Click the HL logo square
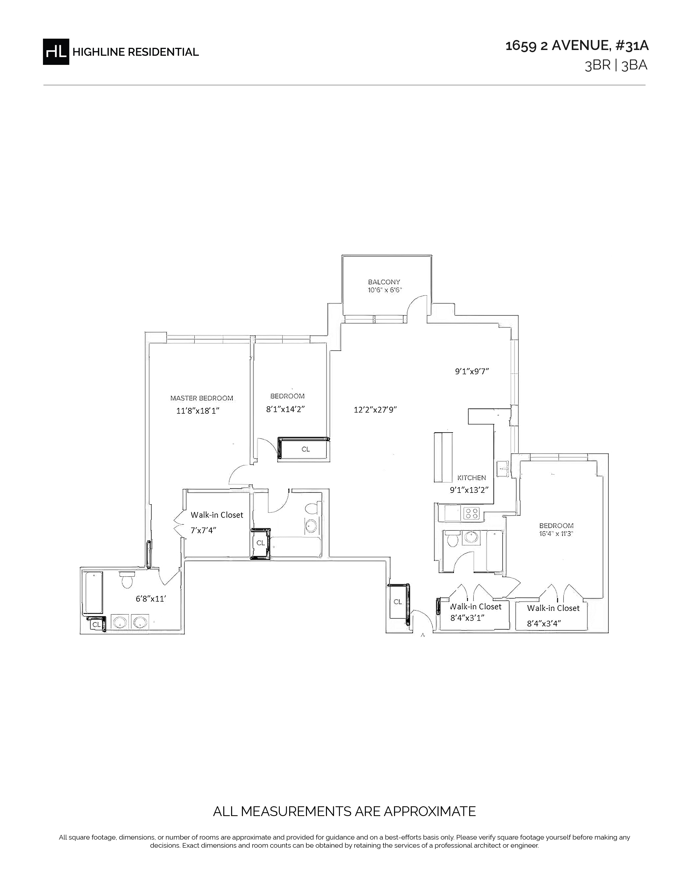[56, 51]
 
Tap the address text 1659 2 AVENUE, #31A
[577, 46]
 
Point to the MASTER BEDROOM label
[202, 398]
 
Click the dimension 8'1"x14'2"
[286, 409]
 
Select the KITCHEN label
[471, 477]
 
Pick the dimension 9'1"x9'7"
[472, 371]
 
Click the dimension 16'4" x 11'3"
[556, 533]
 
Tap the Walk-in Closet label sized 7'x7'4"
[217, 515]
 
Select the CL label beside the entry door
[397, 602]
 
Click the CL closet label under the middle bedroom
[306, 449]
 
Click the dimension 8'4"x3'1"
[467, 618]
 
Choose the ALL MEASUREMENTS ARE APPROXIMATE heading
[344, 811]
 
